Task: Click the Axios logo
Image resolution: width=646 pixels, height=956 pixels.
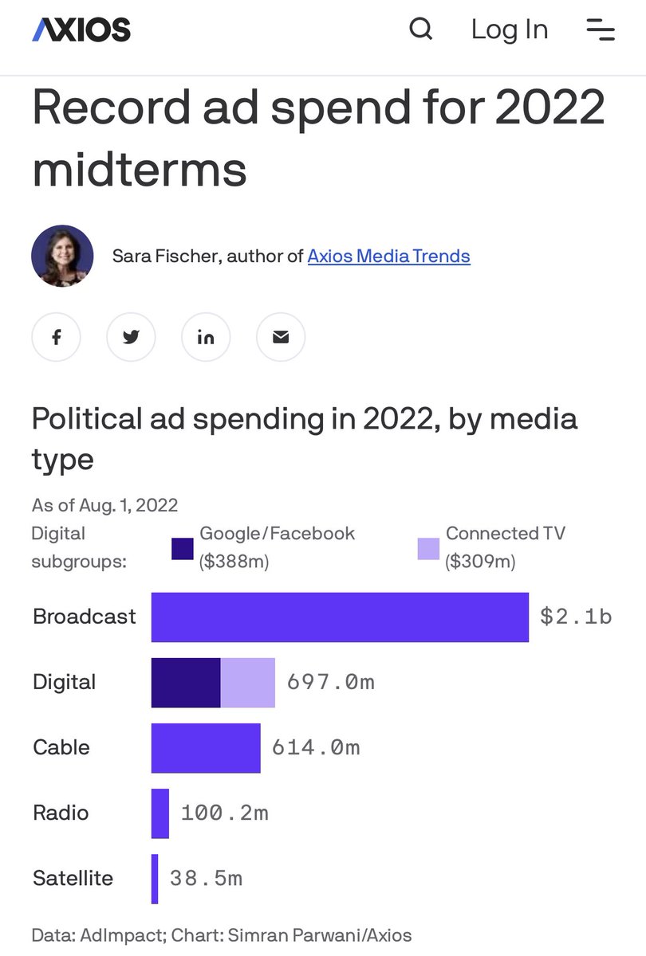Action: [81, 30]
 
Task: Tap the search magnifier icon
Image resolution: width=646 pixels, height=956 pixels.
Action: [420, 29]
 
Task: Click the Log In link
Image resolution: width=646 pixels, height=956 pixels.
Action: [510, 29]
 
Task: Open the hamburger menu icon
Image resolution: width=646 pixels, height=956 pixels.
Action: [600, 29]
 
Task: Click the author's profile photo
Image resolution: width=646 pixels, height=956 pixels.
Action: [62, 256]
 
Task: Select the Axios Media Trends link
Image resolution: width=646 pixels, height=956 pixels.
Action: [388, 256]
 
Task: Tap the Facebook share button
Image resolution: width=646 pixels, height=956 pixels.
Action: [56, 337]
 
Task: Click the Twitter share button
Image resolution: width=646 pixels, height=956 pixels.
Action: [131, 337]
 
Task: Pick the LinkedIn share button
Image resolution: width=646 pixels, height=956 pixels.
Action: [206, 337]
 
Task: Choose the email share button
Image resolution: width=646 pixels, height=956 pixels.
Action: [281, 337]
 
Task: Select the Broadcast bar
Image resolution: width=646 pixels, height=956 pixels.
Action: [340, 617]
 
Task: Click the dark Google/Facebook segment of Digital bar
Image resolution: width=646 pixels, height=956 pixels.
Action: [186, 682]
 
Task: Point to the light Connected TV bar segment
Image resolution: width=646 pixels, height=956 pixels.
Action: [248, 682]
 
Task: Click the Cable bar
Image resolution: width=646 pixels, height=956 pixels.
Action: [206, 747]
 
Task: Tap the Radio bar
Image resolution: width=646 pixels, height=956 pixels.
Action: [160, 813]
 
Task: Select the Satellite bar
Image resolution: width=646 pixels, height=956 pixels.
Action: [155, 878]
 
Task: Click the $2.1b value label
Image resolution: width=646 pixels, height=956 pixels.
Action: [576, 617]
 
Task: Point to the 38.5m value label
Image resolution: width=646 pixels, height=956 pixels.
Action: [206, 878]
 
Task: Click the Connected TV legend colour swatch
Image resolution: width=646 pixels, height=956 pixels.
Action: [428, 548]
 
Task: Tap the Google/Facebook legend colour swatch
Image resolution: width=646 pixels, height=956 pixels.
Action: [183, 548]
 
